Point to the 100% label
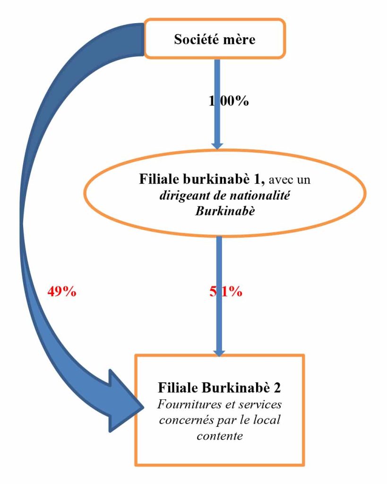pyautogui.click(x=229, y=101)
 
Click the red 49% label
pyautogui.click(x=62, y=291)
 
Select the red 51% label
pyautogui.click(x=225, y=291)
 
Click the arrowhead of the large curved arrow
pyautogui.click(x=126, y=401)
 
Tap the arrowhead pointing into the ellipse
pyautogui.click(x=217, y=146)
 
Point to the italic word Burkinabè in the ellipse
pyautogui.click(x=225, y=211)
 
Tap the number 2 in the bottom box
pyautogui.click(x=277, y=388)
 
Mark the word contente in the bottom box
pyautogui.click(x=220, y=435)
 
